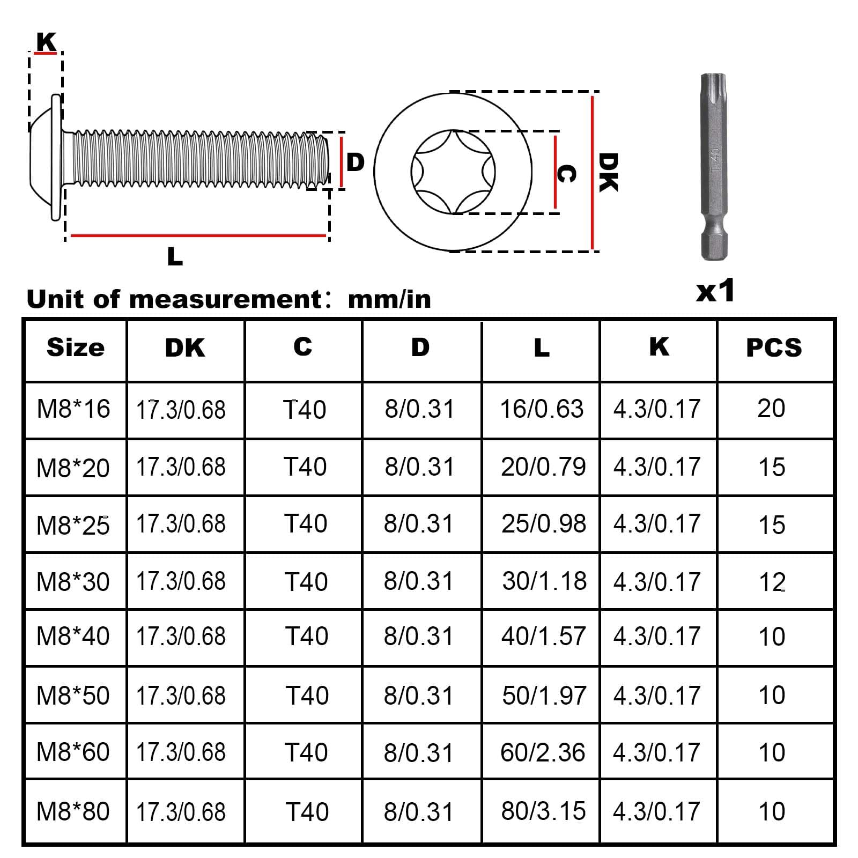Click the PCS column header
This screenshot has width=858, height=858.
774,348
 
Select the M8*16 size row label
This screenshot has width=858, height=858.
73,409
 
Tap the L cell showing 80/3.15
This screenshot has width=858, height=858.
543,811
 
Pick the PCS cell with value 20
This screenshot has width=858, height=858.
771,409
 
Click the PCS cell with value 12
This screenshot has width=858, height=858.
772,582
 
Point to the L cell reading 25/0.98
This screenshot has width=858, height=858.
544,524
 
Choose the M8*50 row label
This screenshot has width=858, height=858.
73,696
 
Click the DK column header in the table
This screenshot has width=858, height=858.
185,348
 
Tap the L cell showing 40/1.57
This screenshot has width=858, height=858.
543,637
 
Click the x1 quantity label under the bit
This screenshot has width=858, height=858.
715,291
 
